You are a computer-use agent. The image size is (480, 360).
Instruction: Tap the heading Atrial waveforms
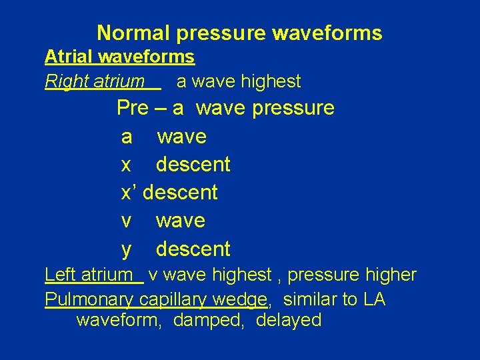click(119, 57)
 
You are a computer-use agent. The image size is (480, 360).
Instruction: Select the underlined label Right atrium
click(94, 82)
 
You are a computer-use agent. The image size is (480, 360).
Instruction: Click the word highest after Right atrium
click(271, 82)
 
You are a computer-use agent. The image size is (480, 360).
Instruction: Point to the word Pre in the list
click(133, 107)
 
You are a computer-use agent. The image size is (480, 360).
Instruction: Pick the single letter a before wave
click(127, 137)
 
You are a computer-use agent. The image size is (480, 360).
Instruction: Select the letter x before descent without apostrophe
click(126, 165)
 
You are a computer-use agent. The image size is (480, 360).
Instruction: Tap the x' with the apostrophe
click(129, 193)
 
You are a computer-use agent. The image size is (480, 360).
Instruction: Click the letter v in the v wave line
click(126, 221)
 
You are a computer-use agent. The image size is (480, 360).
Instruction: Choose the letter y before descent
click(127, 249)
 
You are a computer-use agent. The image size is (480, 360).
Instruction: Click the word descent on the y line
click(193, 249)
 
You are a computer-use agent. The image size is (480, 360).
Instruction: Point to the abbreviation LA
click(375, 300)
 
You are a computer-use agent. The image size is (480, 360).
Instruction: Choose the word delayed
click(289, 321)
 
